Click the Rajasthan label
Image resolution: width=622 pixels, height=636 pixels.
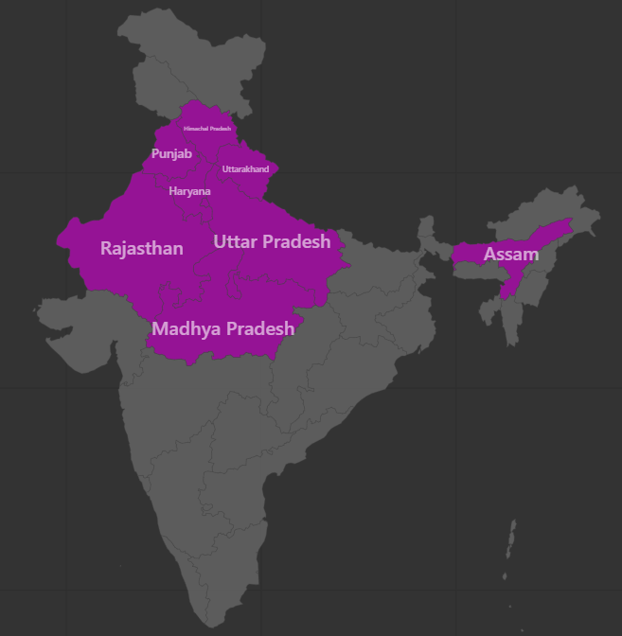click(x=142, y=248)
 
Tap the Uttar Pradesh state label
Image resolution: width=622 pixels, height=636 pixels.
click(x=272, y=241)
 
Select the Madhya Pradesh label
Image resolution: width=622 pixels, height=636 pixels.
click(x=222, y=328)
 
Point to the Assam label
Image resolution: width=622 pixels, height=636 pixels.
click(x=511, y=254)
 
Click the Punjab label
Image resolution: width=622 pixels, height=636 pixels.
click(x=171, y=153)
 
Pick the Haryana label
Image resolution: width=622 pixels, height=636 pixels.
click(x=189, y=191)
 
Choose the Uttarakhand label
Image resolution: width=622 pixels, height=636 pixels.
click(x=245, y=169)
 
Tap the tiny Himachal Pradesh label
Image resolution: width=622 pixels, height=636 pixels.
click(x=207, y=128)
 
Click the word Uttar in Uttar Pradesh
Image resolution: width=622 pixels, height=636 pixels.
click(x=235, y=241)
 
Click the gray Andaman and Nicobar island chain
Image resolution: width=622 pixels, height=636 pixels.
click(x=510, y=549)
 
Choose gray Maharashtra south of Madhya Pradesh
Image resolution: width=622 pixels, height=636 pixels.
click(x=189, y=397)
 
